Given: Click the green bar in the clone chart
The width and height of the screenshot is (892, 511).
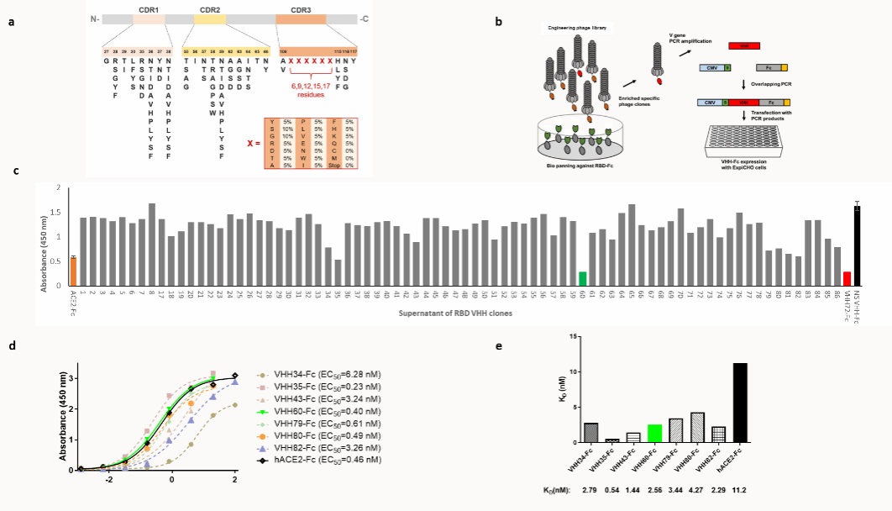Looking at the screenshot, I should click(582, 279).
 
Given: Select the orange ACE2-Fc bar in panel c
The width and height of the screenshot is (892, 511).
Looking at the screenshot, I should click(73, 271).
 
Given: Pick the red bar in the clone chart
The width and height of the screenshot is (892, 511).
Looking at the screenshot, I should click(847, 279).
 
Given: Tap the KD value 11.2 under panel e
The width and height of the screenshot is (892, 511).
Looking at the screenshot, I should click(739, 486).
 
